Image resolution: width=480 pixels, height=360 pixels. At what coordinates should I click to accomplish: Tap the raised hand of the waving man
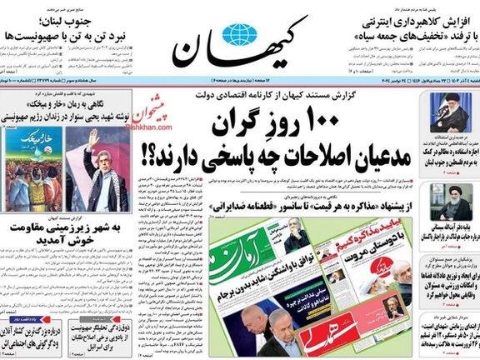(x=94, y=137)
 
